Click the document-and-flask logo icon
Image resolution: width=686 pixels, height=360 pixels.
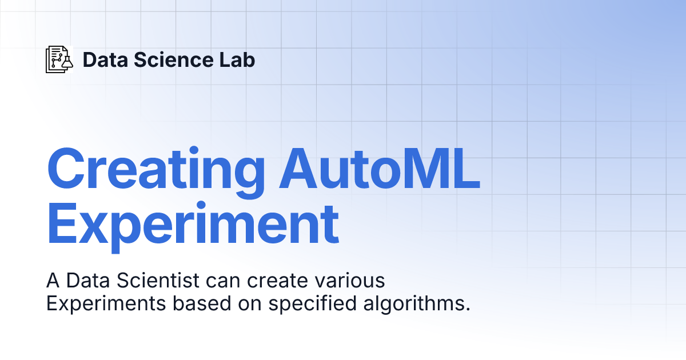click(x=59, y=59)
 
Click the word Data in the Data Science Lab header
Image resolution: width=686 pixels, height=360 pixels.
click(x=105, y=59)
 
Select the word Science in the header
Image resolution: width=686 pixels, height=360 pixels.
click(x=174, y=59)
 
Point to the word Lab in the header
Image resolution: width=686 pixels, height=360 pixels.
click(x=237, y=59)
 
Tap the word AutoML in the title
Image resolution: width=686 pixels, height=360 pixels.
click(x=380, y=169)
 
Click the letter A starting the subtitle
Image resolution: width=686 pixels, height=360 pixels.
click(x=53, y=280)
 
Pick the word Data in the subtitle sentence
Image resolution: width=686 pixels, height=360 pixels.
click(x=88, y=280)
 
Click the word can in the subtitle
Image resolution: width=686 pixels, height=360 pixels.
click(x=223, y=281)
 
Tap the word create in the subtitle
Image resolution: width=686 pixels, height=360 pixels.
click(x=277, y=281)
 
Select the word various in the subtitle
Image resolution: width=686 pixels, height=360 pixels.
click(x=349, y=280)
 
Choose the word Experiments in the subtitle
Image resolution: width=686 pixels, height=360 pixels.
click(x=106, y=304)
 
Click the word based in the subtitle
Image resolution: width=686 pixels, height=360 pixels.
click(x=202, y=303)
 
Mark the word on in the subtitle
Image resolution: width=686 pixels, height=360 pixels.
click(x=250, y=305)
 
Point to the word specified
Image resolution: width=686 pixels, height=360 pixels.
click(x=312, y=304)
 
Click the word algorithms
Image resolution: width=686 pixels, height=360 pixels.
click(x=413, y=304)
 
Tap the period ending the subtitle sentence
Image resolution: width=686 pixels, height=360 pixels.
click(x=468, y=310)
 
